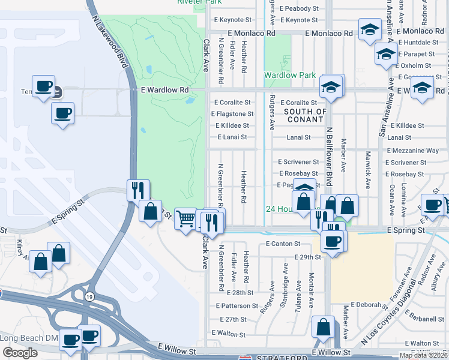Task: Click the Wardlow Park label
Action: tap(290, 76)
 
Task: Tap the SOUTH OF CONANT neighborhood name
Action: tap(305, 115)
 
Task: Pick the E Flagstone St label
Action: tap(230, 114)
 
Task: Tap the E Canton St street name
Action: tap(281, 244)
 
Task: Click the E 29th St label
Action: tap(309, 257)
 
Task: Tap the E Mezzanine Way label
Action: tap(412, 151)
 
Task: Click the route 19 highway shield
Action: tap(89, 296)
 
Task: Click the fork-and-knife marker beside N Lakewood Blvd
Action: tap(138, 190)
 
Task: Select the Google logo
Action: tap(20, 353)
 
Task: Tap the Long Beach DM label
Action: tap(29, 338)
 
